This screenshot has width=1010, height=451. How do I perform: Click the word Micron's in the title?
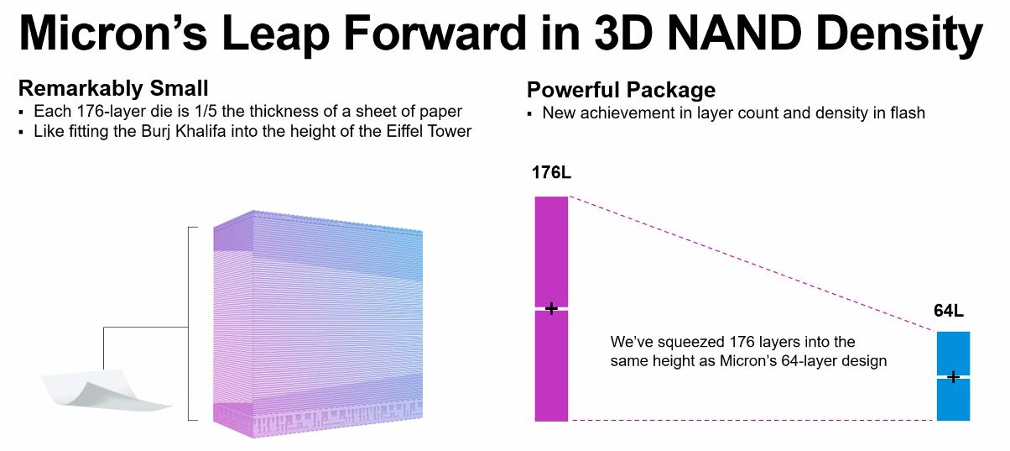coord(113,33)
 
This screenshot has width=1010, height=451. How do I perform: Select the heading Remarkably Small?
coord(113,89)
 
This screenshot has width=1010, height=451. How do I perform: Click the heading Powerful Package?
coord(621,91)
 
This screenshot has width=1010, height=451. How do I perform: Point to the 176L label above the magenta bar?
coord(551,172)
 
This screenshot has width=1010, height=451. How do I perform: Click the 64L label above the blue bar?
coord(948,311)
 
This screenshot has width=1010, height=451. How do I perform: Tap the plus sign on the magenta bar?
coord(551,309)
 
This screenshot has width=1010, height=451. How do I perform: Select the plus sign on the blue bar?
coord(953,377)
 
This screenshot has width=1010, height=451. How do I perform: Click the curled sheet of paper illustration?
coord(106,391)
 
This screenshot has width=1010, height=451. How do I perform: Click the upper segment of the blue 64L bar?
coord(953,353)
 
